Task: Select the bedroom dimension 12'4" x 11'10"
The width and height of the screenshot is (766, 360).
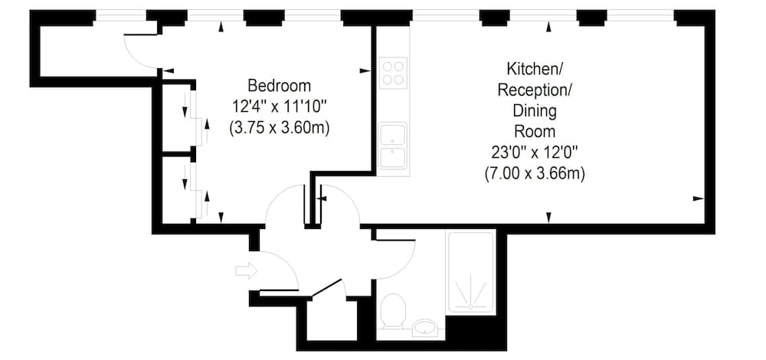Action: tap(280, 106)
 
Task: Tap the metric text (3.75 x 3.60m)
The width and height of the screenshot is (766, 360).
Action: tap(280, 128)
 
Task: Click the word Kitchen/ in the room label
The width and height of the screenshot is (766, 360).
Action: tap(535, 67)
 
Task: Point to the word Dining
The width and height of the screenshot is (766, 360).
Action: tap(535, 111)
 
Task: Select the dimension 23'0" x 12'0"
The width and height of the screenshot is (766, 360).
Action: tap(535, 152)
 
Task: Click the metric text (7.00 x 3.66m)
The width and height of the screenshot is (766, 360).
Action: tap(535, 174)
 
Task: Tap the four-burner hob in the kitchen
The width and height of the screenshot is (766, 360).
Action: tap(394, 73)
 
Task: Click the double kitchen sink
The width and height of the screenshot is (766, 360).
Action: tap(394, 146)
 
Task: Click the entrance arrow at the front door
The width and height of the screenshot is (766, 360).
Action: tap(247, 270)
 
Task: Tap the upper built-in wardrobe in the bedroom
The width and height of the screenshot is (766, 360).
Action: tap(177, 116)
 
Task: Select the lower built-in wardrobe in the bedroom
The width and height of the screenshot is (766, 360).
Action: tap(177, 190)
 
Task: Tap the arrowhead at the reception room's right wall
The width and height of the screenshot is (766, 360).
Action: tap(697, 198)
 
